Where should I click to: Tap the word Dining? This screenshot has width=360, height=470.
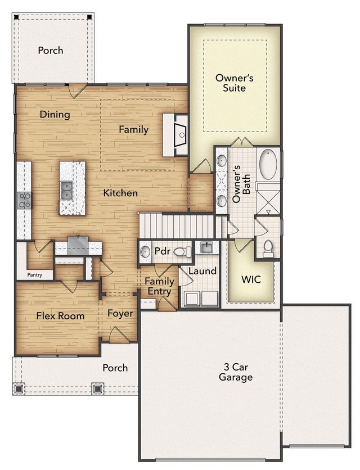(x=55, y=115)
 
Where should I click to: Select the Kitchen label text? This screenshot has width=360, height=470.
(x=120, y=193)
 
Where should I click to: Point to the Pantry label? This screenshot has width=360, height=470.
(x=35, y=275)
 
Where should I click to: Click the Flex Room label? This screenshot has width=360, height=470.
(x=60, y=316)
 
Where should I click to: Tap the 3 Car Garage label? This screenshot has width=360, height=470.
(x=236, y=372)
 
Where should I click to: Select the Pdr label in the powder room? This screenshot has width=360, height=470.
(x=162, y=251)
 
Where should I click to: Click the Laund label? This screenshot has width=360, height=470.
(x=202, y=271)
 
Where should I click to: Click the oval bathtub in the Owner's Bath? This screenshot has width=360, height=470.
(x=268, y=164)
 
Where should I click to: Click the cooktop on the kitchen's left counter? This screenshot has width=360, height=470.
(x=24, y=200)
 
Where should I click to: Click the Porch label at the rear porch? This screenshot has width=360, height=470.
(x=51, y=51)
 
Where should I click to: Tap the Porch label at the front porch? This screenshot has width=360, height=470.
(x=115, y=368)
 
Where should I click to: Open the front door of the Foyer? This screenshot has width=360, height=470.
(x=119, y=337)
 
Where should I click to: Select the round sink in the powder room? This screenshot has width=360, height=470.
(x=145, y=251)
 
